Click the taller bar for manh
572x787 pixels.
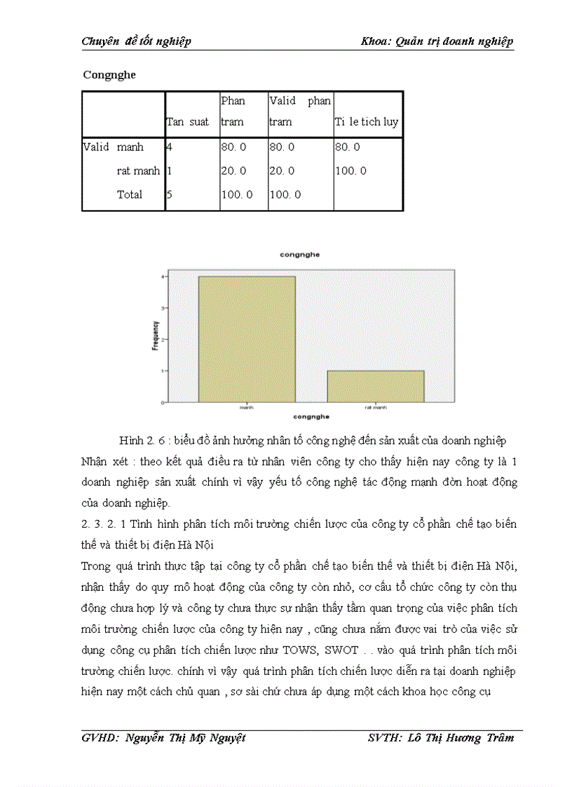(247, 339)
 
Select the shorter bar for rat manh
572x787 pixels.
(376, 386)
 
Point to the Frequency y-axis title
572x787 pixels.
(156, 336)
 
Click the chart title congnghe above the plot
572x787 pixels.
(299, 255)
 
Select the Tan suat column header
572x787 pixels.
(188, 122)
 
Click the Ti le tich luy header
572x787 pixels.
(366, 122)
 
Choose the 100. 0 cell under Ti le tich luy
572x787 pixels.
(350, 171)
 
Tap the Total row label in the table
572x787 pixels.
(130, 195)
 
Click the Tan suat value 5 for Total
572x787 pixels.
(169, 195)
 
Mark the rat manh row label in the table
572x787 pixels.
(138, 171)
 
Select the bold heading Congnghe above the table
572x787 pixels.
(109, 75)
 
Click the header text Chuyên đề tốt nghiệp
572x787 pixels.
(137, 41)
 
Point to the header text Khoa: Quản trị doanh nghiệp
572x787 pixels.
(437, 41)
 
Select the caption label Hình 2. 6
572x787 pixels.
(141, 441)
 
